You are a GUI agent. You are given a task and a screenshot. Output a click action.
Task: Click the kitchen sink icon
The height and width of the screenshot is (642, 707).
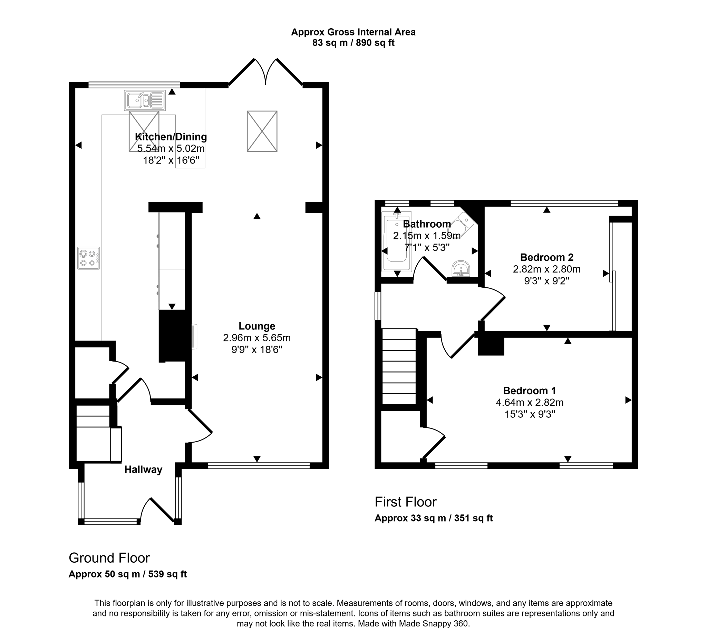[x=145, y=101]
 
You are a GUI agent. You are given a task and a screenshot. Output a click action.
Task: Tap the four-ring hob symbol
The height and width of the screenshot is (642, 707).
[x=88, y=258]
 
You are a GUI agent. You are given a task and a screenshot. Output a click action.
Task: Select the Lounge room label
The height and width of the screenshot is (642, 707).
[x=257, y=326]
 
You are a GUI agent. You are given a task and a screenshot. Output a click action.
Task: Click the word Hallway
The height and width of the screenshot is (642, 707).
[x=143, y=470]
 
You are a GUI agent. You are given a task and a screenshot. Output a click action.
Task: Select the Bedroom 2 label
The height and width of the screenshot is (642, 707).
[x=546, y=258]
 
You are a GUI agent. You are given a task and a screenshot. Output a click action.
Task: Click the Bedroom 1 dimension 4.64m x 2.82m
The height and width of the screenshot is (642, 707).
[x=530, y=403]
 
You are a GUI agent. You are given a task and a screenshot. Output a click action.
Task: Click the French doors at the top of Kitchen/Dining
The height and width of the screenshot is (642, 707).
[x=265, y=72]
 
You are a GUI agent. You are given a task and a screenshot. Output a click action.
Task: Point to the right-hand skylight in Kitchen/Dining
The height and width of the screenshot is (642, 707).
[x=262, y=131]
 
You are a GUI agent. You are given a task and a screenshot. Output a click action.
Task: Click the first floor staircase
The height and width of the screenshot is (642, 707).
[x=399, y=366]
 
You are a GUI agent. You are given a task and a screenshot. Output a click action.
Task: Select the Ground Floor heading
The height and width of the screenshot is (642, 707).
[x=109, y=558]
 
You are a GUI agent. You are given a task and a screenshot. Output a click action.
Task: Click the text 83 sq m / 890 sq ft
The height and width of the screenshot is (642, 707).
[x=353, y=43]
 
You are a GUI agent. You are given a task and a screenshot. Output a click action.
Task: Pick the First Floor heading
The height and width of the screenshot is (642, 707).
[x=405, y=502]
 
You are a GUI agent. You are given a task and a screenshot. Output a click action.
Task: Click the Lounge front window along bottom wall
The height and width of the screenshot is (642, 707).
[x=259, y=466]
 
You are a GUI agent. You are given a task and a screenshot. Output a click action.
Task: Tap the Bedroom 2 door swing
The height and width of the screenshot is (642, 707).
[x=493, y=304]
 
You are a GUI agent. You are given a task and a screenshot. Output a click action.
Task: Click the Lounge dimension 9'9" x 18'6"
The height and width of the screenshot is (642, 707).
[x=257, y=350]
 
